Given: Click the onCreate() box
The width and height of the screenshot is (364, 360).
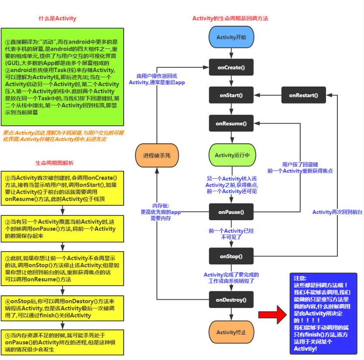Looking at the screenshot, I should pos(231,67).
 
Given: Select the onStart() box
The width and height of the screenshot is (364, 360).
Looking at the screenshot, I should pos(231,95).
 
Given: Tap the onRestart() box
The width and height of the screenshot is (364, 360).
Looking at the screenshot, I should pos(303,95).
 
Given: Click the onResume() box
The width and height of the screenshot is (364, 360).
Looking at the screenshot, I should pos(231,124).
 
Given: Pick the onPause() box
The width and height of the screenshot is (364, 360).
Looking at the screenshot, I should pos(231,212).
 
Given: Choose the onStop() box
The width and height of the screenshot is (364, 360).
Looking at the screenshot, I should pos(231,256).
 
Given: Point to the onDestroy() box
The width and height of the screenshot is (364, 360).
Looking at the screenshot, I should pos(231,300).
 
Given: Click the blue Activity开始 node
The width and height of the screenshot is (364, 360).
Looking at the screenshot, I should pos(231,37).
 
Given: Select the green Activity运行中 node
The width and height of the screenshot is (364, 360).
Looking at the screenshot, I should pos(231,155).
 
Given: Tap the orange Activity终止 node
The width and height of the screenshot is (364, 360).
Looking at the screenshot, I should pos(231,332).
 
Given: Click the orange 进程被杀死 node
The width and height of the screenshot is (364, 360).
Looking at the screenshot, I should pos(156,156).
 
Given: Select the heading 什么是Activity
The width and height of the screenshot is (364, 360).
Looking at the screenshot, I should pos(57,18).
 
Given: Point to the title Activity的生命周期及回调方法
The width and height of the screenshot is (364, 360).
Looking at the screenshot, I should pos(230,18).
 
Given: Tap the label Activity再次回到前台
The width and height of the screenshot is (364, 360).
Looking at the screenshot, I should pos(337,212).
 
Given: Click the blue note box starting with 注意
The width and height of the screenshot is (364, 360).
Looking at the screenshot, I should pos(323,314).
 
